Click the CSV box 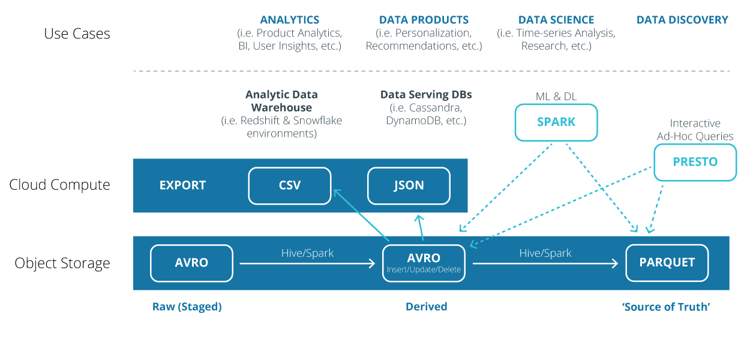click(x=290, y=186)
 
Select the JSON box click(x=409, y=186)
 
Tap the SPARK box click(x=556, y=122)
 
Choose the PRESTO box click(x=695, y=163)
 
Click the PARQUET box click(x=667, y=263)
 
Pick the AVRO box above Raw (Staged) click(x=191, y=263)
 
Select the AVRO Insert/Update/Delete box click(x=424, y=263)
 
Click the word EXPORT click(x=182, y=185)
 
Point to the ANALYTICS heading click(x=290, y=20)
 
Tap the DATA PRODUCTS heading click(x=424, y=20)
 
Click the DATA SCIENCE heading click(x=556, y=20)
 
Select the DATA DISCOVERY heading click(x=682, y=20)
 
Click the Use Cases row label click(x=77, y=34)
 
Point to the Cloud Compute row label click(x=59, y=185)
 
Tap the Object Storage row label click(x=62, y=263)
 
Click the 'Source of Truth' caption click(x=666, y=307)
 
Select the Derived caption click(x=426, y=307)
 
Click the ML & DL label click(x=556, y=97)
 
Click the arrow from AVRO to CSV click(x=362, y=215)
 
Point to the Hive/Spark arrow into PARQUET click(x=545, y=263)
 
